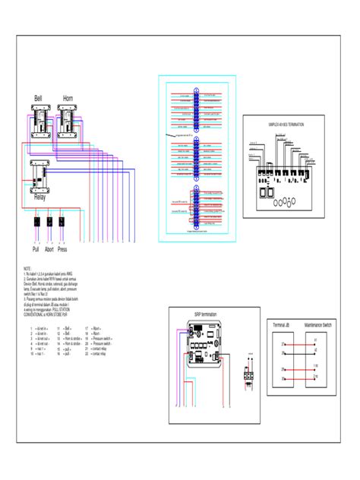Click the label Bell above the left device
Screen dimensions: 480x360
click(x=38, y=99)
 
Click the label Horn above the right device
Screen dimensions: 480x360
click(x=68, y=99)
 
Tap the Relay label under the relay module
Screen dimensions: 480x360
click(x=39, y=197)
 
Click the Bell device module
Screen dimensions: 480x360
click(x=39, y=122)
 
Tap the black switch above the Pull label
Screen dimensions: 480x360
click(x=36, y=223)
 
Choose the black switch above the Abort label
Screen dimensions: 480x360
click(x=50, y=223)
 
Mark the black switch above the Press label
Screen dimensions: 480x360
click(x=63, y=223)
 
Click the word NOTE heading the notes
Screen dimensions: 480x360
click(x=27, y=269)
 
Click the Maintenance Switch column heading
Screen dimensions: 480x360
click(x=316, y=324)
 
